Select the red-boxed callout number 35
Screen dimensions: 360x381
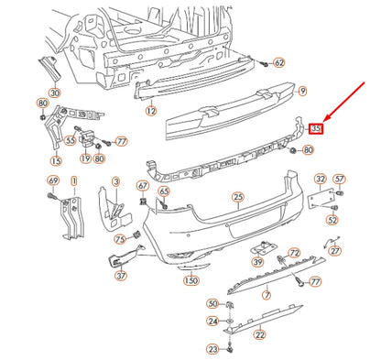click(316, 130)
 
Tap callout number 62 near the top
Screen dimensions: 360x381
click(279, 62)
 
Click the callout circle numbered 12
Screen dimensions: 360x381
click(150, 110)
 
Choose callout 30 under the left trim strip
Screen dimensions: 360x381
click(54, 93)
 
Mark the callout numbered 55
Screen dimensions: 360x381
click(71, 141)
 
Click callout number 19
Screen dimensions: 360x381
click(85, 158)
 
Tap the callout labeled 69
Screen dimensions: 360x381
click(53, 180)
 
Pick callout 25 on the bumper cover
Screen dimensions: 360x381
click(237, 197)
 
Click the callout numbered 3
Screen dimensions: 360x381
click(115, 181)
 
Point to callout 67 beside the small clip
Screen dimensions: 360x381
click(143, 187)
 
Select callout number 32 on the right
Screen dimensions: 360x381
click(320, 179)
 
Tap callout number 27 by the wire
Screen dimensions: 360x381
click(335, 249)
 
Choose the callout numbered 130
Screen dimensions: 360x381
click(190, 279)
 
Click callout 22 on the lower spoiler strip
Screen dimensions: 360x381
click(259, 334)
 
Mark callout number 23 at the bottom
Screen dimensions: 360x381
click(212, 349)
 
